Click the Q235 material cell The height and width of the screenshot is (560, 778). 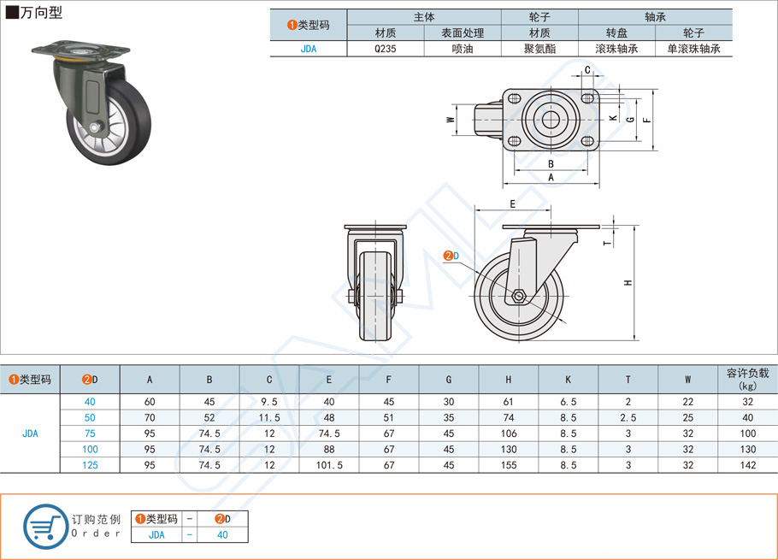click(385, 49)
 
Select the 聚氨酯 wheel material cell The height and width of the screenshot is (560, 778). click(539, 49)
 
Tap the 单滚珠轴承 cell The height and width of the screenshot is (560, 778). click(693, 49)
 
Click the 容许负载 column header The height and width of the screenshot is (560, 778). click(747, 379)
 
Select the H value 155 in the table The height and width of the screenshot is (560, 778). click(508, 465)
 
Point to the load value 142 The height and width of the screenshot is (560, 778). click(747, 465)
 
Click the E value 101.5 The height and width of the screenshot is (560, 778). click(328, 465)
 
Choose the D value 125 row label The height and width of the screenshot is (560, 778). click(90, 465)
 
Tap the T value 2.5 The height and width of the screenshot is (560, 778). click(628, 418)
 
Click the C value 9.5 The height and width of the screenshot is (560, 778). click(268, 402)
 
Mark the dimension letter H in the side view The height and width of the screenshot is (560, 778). click(628, 283)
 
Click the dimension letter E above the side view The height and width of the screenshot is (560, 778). click(512, 203)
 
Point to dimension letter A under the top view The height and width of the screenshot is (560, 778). click(550, 177)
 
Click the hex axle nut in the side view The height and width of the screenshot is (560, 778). click(519, 298)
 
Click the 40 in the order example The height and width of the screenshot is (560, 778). click(222, 534)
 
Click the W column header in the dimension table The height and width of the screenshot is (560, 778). click(687, 379)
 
